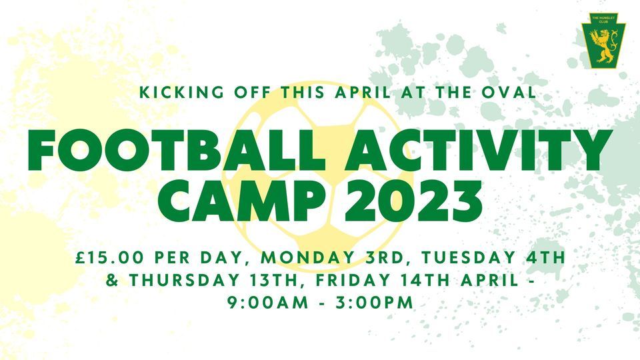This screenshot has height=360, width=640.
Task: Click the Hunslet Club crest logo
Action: click(x=603, y=41)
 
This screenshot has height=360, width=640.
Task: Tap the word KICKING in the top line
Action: click(x=181, y=93)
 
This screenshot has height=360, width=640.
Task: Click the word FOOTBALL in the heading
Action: click(x=176, y=150)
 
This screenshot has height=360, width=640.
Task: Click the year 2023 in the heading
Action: click(x=414, y=200)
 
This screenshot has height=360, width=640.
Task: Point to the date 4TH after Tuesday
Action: click(x=546, y=258)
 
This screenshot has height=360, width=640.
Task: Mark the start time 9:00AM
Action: click(x=268, y=303)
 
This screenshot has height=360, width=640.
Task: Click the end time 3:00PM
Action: click(x=374, y=303)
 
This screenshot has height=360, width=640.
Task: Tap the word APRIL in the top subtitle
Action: click(x=363, y=93)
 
